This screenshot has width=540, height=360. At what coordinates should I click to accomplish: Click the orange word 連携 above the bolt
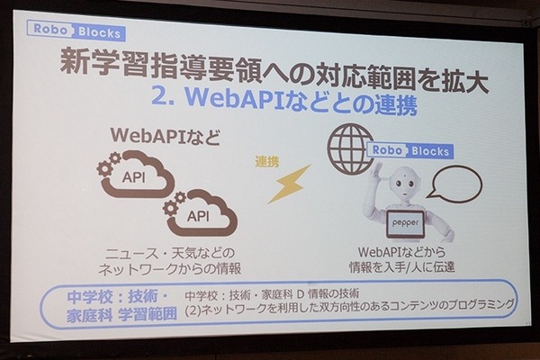(267, 162)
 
